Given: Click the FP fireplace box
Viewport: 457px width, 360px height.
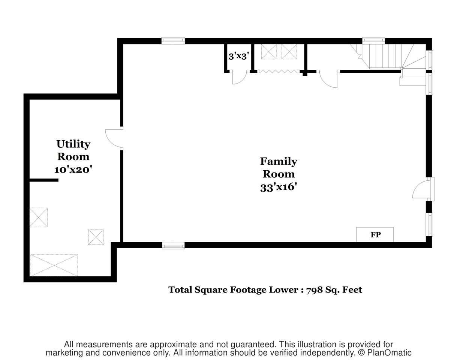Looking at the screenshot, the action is click(375, 234).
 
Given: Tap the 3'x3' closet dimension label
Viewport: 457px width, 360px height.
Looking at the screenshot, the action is click(238, 56).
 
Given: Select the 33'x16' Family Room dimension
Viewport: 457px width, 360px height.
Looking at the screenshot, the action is click(279, 187).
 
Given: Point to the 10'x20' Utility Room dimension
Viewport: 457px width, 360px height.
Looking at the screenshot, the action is click(73, 169).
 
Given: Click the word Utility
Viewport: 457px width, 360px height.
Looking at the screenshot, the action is click(73, 144).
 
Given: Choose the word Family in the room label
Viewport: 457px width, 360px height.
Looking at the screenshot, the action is click(279, 161).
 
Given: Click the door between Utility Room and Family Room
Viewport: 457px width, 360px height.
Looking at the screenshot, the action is click(114, 138).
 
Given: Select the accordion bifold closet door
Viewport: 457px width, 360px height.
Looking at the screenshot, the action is click(279, 71).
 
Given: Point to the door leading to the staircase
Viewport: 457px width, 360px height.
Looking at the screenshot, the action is click(328, 79).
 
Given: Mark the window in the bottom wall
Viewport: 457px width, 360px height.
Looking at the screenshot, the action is click(173, 246).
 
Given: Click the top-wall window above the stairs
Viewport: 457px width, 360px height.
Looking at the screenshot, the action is click(373, 40).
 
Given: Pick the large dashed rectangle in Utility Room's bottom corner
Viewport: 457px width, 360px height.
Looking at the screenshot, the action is click(54, 265).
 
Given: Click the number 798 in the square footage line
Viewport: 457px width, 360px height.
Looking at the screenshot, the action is click(314, 290).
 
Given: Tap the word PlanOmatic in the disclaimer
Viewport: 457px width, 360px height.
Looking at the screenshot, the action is click(389, 353).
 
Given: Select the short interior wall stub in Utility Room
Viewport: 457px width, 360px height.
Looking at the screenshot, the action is click(44, 180).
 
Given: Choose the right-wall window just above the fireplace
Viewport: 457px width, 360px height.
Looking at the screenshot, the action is click(429, 224).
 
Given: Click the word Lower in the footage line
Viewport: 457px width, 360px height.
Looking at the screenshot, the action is click(283, 290).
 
